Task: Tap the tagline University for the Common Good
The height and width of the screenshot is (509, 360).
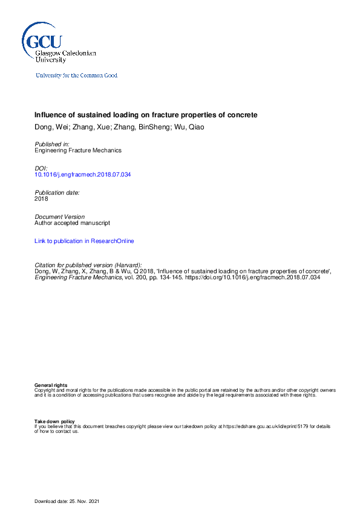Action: click(76, 76)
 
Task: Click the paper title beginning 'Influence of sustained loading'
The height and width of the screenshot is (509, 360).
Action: click(146, 115)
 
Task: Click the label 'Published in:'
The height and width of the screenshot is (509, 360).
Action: click(52, 144)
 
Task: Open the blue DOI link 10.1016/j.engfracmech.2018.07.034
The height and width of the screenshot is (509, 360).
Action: click(83, 175)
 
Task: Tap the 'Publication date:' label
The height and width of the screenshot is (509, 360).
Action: click(57, 192)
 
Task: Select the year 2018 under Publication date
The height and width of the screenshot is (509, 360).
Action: click(41, 198)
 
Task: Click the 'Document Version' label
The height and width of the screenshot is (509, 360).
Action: click(60, 216)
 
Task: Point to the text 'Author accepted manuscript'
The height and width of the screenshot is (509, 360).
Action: click(72, 223)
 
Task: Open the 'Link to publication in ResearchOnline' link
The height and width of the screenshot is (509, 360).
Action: click(84, 241)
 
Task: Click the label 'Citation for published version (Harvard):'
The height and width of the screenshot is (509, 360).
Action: click(88, 265)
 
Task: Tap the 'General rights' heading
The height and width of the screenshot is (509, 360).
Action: click(51, 385)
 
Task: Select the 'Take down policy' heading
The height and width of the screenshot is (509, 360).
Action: click(54, 421)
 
